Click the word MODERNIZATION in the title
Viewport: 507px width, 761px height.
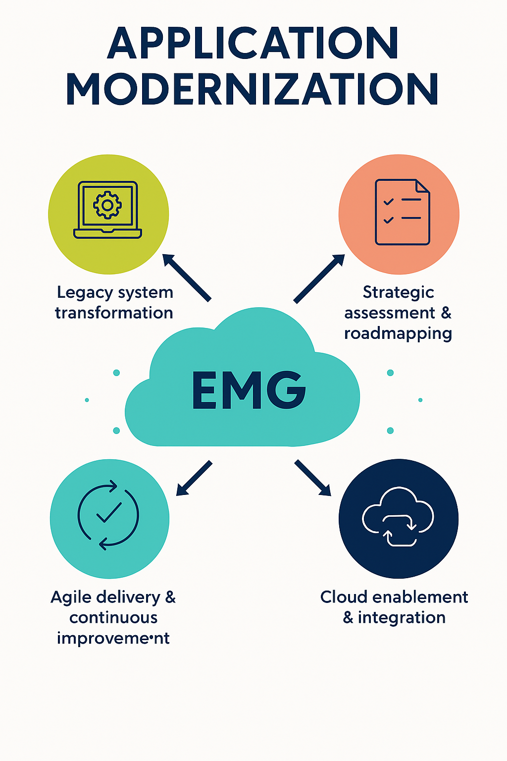(253, 89)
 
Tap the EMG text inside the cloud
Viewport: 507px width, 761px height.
(249, 390)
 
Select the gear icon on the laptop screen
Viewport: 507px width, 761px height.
(107, 205)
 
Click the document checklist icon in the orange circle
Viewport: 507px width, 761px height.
(402, 212)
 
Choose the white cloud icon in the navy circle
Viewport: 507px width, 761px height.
(398, 516)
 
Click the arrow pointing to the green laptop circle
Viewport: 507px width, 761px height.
(187, 277)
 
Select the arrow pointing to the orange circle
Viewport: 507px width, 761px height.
(319, 278)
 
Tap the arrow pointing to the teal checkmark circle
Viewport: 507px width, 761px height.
(194, 478)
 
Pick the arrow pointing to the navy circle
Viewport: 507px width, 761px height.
(313, 478)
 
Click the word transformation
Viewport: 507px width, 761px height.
(114, 313)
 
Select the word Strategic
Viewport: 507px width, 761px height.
(398, 292)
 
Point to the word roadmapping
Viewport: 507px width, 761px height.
(398, 333)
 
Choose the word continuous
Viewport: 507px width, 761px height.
(113, 618)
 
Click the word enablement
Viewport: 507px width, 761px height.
(420, 597)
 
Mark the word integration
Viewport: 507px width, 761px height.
(402, 618)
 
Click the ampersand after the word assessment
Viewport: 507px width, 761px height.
(446, 313)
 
